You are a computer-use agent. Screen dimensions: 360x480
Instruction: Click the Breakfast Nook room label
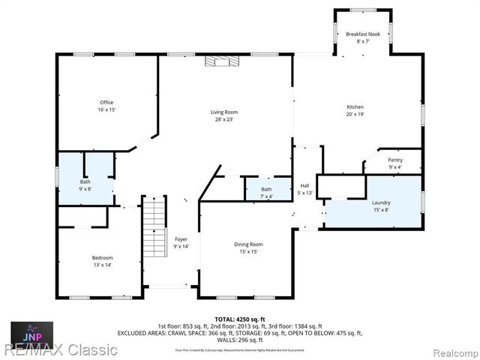click(x=362, y=34)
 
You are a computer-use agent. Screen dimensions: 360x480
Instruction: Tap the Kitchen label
click(x=355, y=107)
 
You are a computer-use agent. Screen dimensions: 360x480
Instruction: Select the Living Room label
click(x=223, y=112)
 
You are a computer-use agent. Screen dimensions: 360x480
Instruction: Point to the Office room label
click(x=107, y=102)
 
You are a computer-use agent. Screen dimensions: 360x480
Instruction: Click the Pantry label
click(x=394, y=160)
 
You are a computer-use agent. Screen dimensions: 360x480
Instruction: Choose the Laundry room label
click(x=381, y=202)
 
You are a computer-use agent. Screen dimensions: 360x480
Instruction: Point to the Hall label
click(x=304, y=186)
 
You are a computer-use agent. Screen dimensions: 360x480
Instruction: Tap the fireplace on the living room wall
click(x=221, y=63)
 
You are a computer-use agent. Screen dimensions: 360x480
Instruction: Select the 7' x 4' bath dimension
click(x=267, y=196)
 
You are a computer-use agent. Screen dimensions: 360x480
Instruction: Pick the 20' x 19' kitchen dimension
click(x=355, y=115)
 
